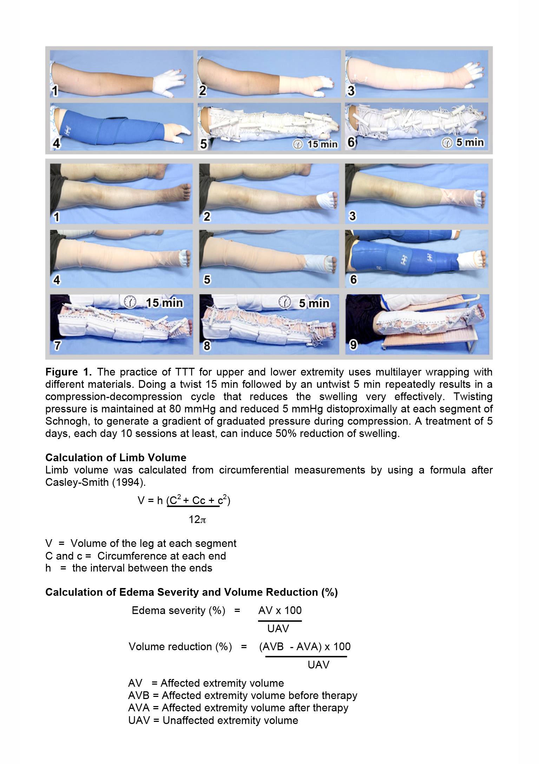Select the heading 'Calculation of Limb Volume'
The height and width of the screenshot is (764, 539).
tap(116, 458)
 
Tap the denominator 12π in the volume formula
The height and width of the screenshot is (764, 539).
tap(197, 520)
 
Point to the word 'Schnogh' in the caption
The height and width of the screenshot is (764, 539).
tap(66, 421)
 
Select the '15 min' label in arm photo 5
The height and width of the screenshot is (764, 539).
tap(322, 144)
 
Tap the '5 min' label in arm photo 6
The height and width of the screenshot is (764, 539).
tap(470, 142)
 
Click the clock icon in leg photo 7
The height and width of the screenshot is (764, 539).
tap(130, 302)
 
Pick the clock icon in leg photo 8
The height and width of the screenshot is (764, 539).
tap(284, 302)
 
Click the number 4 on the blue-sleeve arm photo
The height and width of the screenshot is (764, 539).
tap(56, 143)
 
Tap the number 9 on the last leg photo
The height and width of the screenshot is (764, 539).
tap(353, 345)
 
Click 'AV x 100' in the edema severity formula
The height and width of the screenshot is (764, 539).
tap(280, 610)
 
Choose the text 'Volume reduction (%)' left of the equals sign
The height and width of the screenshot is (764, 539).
tap(180, 647)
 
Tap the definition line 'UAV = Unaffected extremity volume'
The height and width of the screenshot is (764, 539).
tap(213, 720)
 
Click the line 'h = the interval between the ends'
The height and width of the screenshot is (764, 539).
tap(129, 568)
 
